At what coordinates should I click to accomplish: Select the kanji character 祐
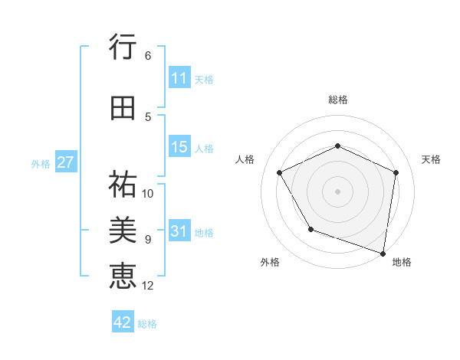tap(123, 184)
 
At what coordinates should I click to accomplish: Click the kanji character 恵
tap(123, 275)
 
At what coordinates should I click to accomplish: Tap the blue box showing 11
tap(179, 78)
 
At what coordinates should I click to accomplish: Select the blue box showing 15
tap(179, 147)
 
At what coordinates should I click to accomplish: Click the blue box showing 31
tap(179, 231)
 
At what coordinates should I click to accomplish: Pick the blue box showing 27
tap(65, 162)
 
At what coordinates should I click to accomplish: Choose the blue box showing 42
tap(123, 322)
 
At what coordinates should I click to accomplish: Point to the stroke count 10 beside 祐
tap(148, 193)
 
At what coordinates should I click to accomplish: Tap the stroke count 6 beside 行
tap(147, 55)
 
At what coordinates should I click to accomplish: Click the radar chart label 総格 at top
tap(337, 100)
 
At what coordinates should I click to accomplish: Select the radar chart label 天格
tap(431, 159)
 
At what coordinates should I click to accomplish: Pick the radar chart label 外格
tap(270, 262)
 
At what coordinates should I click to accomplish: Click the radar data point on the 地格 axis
tap(383, 253)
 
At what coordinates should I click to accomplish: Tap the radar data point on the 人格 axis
tap(280, 172)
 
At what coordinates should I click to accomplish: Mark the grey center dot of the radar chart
tap(337, 191)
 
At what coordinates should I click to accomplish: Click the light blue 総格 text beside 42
tap(147, 323)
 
